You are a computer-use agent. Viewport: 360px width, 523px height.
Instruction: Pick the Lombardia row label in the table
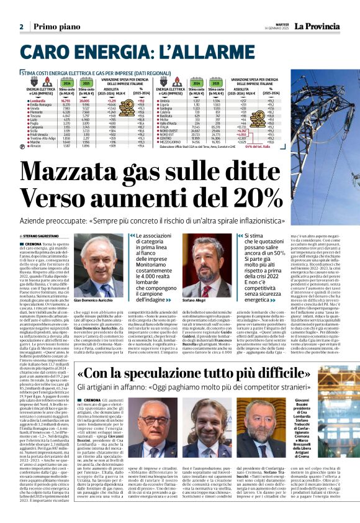37,99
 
